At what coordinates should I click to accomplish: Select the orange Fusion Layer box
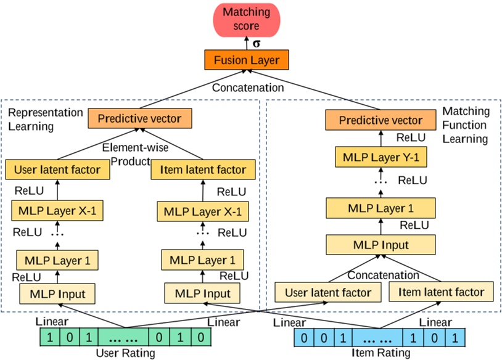[247, 60]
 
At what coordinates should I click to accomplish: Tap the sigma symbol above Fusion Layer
[257, 44]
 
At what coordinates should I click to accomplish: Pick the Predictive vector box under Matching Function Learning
[381, 120]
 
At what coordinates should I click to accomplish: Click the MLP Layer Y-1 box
[381, 158]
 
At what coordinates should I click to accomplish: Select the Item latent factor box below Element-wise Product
[199, 169]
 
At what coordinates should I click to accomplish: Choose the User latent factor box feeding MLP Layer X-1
[56, 169]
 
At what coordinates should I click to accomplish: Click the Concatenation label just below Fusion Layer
[248, 88]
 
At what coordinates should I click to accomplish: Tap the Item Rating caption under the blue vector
[381, 353]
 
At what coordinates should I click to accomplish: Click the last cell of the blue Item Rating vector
[454, 338]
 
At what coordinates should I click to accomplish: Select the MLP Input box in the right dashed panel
[381, 245]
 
